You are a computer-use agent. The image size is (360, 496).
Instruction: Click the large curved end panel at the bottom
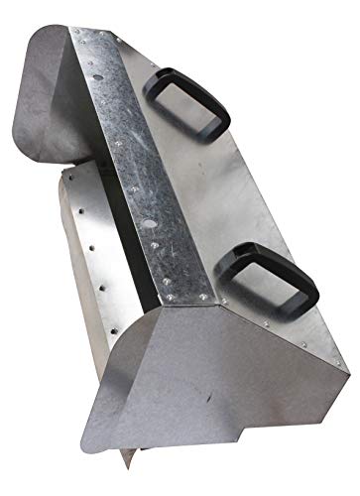[258, 397]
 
